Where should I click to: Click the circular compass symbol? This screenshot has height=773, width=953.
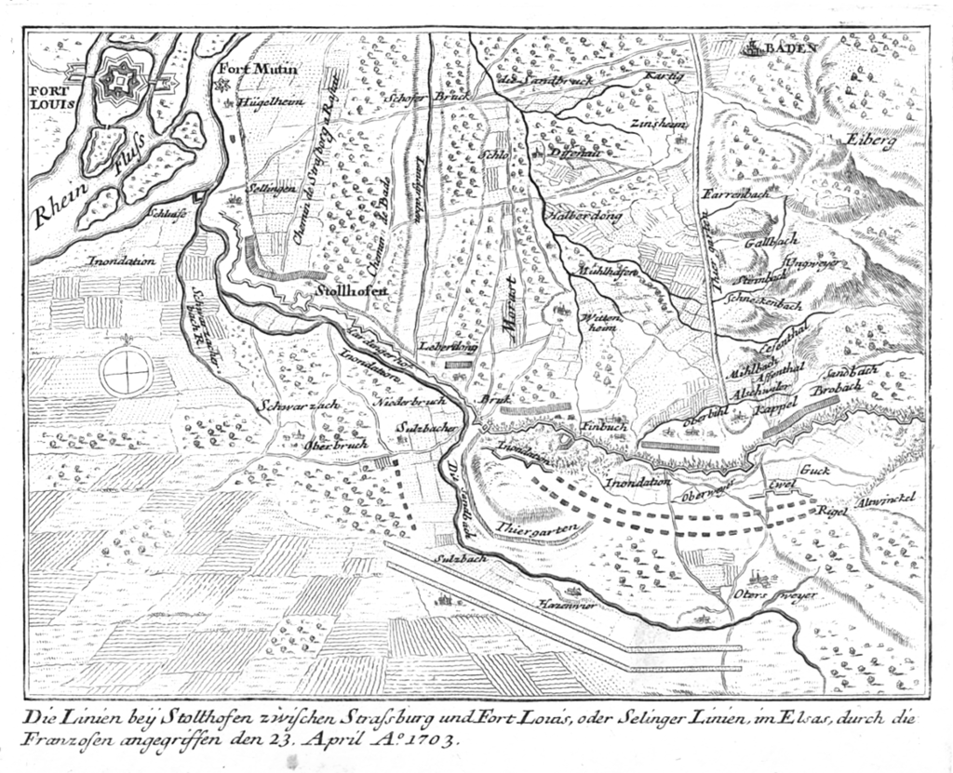pyautogui.click(x=127, y=373)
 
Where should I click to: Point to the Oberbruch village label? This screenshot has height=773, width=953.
pyautogui.click(x=336, y=444)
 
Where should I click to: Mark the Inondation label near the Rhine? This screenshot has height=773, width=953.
pyautogui.click(x=122, y=262)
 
